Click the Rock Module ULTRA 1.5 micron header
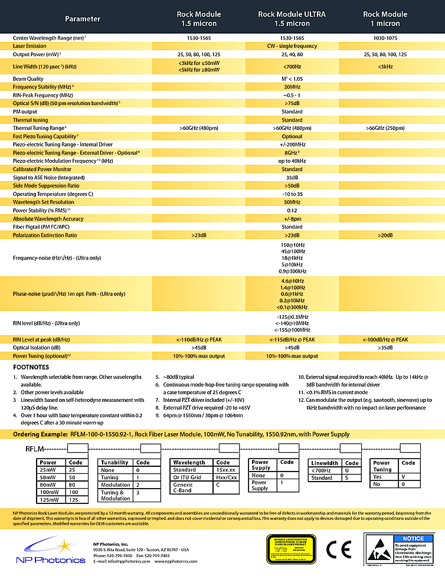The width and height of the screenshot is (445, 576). pyautogui.click(x=292, y=19)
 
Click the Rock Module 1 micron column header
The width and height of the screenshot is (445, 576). pyautogui.click(x=385, y=19)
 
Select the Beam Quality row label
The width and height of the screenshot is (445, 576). pyautogui.click(x=28, y=78)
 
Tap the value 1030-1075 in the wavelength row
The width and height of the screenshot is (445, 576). pyautogui.click(x=385, y=37)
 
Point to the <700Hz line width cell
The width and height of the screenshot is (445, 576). pyautogui.click(x=292, y=67)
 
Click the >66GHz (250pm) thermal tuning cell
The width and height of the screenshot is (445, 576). pyautogui.click(x=385, y=127)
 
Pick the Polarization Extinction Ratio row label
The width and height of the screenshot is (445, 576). pyautogui.click(x=45, y=235)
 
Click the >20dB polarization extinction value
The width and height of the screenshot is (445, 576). pyautogui.click(x=385, y=235)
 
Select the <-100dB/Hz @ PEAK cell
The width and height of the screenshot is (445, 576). pyautogui.click(x=385, y=339)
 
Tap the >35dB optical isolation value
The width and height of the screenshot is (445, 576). pyautogui.click(x=385, y=348)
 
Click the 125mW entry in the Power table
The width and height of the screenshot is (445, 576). pyautogui.click(x=48, y=499)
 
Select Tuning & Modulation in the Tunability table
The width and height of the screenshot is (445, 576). pyautogui.click(x=116, y=495)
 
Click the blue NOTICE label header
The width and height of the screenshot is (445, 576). pyautogui.click(x=412, y=538)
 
